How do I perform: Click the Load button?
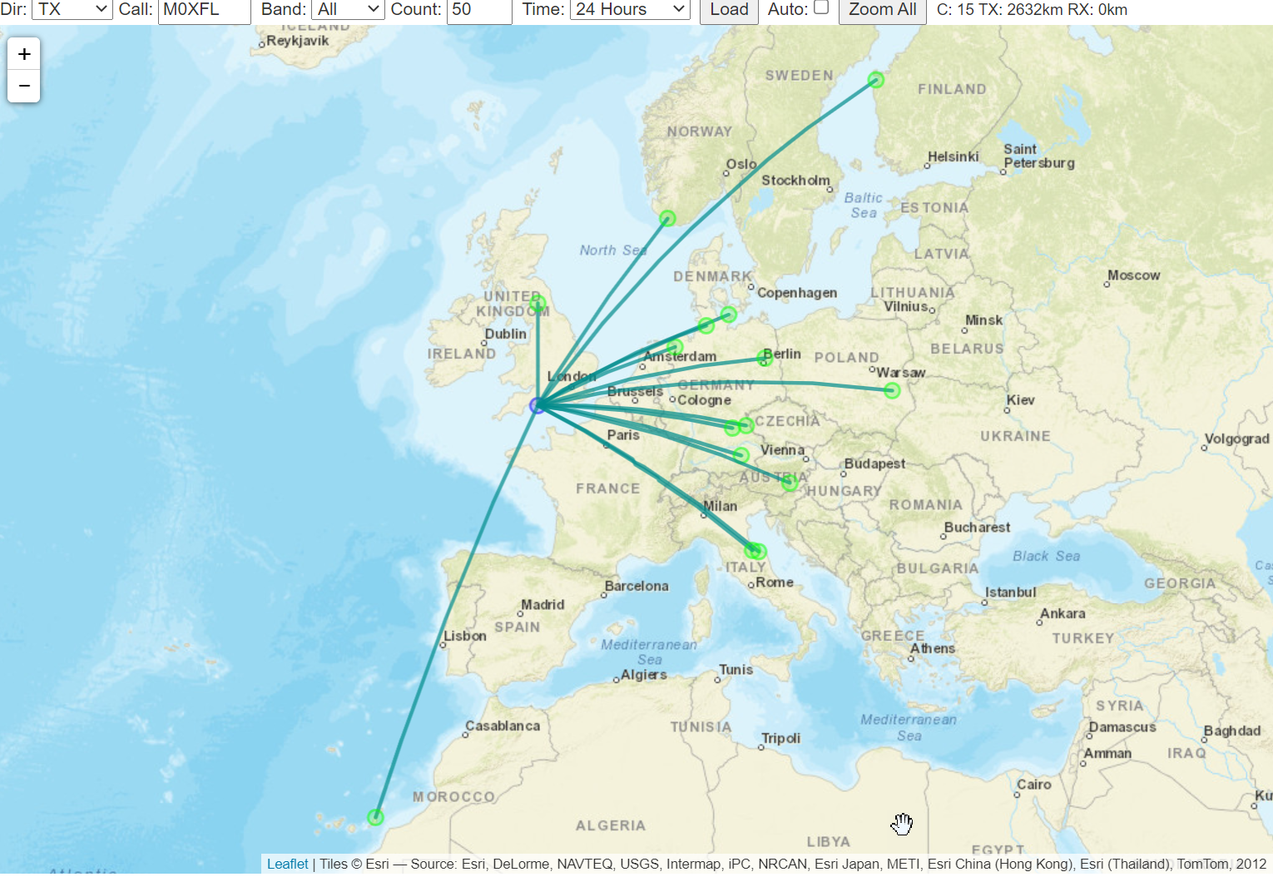click(729, 10)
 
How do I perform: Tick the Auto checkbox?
click(821, 7)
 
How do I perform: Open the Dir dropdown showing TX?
click(72, 10)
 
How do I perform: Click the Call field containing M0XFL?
click(204, 10)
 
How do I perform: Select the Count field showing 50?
click(478, 10)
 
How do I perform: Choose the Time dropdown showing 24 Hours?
click(630, 10)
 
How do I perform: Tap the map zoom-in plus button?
click(24, 54)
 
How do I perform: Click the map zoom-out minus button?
click(24, 86)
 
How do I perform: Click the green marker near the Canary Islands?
click(375, 817)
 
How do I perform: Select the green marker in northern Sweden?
click(875, 80)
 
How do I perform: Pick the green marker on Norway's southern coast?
click(667, 218)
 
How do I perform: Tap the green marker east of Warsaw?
click(892, 390)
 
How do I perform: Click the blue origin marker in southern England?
click(537, 405)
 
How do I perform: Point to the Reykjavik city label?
click(297, 41)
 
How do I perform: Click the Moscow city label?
click(1133, 275)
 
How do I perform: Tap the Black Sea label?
click(1046, 556)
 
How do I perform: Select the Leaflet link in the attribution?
click(287, 864)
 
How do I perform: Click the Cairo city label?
click(1033, 785)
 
